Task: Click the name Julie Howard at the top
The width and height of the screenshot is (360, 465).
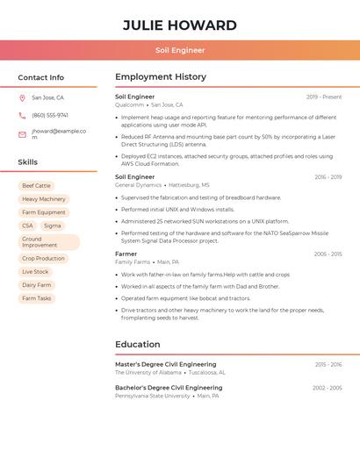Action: coord(180,25)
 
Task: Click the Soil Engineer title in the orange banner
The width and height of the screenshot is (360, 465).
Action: coord(180,50)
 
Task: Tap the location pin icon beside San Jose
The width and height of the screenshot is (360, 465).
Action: coord(22,97)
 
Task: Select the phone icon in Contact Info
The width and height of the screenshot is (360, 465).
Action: coord(22,115)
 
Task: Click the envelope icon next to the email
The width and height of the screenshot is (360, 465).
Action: coord(22,134)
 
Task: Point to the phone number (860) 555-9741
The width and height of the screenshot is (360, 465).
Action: coord(50,115)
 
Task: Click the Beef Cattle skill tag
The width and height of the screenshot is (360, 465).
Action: coord(37,186)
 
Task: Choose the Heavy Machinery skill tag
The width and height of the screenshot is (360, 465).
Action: coord(44,199)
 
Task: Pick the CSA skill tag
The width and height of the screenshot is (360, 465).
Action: coord(27,225)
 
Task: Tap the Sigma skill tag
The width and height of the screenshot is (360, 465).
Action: coord(53,225)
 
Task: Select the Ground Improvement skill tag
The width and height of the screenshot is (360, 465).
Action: coord(48,242)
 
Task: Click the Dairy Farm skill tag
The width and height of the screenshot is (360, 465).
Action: coord(37,285)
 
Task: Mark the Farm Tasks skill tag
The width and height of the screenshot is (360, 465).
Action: coord(37,298)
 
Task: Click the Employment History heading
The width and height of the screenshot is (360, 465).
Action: coord(161,77)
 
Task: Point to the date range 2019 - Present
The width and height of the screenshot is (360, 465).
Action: coord(324,97)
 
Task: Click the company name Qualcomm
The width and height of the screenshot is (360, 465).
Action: coord(129,104)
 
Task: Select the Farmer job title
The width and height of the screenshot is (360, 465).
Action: coord(126,254)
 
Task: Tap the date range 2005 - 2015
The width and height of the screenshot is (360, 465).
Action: coord(328,254)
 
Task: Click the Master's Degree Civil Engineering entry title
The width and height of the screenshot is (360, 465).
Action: coord(166,364)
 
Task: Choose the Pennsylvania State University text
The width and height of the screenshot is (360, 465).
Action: coord(153,396)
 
